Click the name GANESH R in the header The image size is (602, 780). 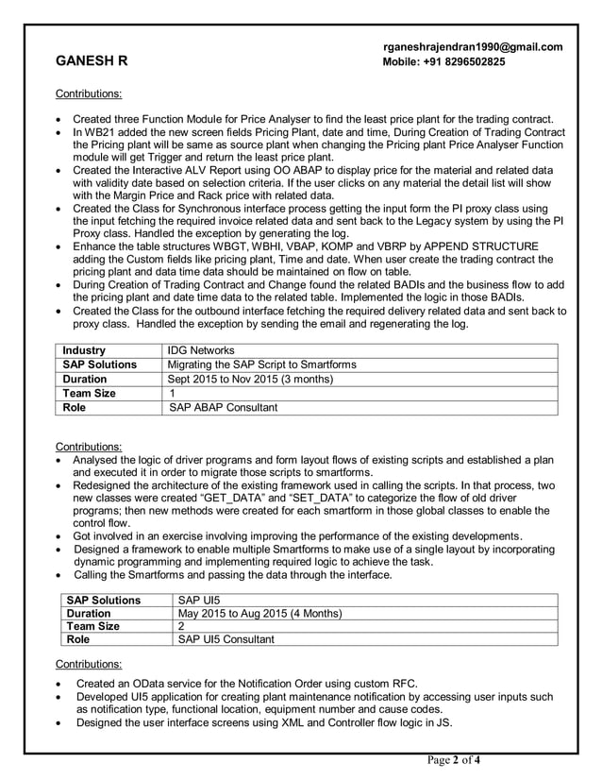point(92,62)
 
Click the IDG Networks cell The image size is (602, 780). point(201,350)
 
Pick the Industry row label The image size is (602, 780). point(84,350)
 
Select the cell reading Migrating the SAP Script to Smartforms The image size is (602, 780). point(261,365)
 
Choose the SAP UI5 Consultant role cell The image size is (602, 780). point(226,639)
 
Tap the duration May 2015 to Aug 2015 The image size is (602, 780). point(259,613)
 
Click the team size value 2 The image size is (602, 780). point(182,626)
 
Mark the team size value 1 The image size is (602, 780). point(172,393)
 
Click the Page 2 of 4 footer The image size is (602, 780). point(454,761)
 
